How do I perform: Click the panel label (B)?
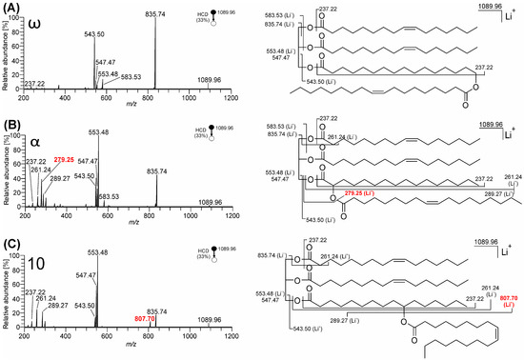click(x=10, y=124)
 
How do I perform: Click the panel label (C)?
click(x=10, y=242)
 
